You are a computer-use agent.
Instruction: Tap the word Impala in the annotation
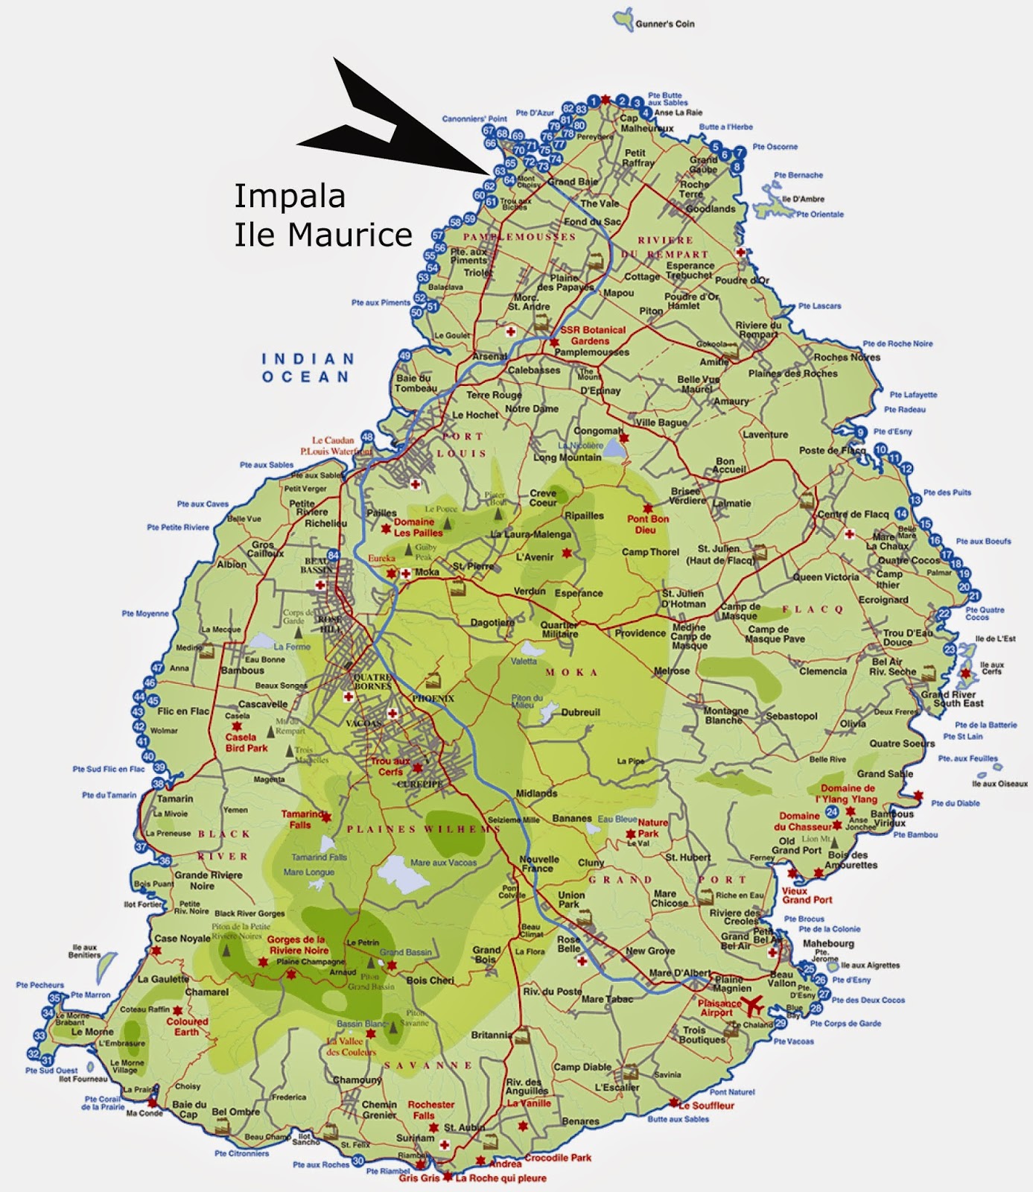click(290, 197)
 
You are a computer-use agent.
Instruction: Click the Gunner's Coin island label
click(664, 24)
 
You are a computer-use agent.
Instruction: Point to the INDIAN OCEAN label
click(306, 367)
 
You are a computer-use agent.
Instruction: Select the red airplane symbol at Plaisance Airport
click(754, 1005)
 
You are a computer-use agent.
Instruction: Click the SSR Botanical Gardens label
click(592, 335)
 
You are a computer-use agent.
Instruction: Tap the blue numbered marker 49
click(405, 356)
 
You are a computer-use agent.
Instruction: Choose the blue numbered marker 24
click(832, 812)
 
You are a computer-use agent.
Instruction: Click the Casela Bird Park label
click(246, 742)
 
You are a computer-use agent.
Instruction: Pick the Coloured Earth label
click(187, 1027)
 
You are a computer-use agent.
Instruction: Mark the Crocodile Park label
click(558, 1157)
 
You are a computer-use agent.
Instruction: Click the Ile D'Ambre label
click(803, 200)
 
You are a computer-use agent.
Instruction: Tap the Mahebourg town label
click(828, 943)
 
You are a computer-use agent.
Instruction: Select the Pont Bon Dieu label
click(647, 524)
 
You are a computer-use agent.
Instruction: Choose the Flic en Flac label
click(183, 711)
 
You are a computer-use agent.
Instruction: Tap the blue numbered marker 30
click(358, 1161)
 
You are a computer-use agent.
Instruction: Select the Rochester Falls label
click(430, 1110)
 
